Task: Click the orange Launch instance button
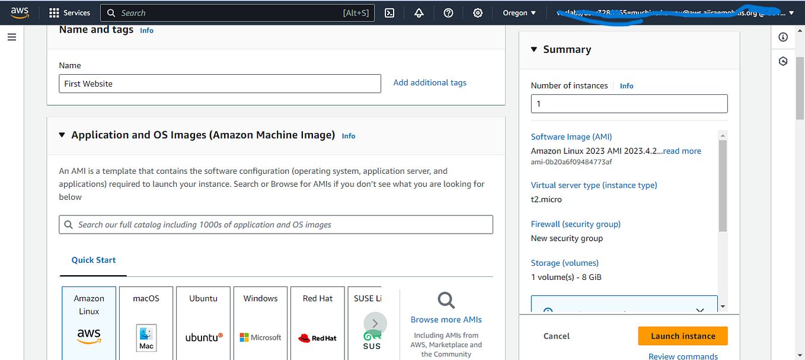click(x=682, y=336)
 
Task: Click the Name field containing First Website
click(x=219, y=84)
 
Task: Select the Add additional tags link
click(x=430, y=82)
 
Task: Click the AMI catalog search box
click(x=276, y=225)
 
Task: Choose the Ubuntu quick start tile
click(x=203, y=323)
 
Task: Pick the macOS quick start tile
click(x=146, y=323)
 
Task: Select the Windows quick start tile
click(x=260, y=323)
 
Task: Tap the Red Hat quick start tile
click(x=318, y=323)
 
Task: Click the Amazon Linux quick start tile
click(x=89, y=323)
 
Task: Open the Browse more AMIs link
click(x=446, y=320)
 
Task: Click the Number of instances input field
click(x=628, y=104)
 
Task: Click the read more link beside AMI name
click(x=682, y=151)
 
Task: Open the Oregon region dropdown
click(x=519, y=13)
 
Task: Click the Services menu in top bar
click(x=69, y=13)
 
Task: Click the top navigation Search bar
click(x=237, y=13)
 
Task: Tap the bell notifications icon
click(x=419, y=13)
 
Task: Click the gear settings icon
click(x=478, y=13)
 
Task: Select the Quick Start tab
click(x=94, y=260)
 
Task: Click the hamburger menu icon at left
click(x=12, y=37)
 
